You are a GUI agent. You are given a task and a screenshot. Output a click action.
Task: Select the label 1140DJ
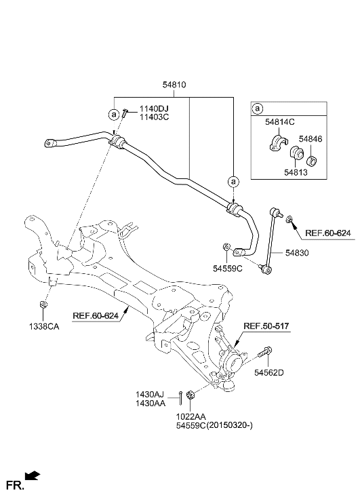coord(154,109)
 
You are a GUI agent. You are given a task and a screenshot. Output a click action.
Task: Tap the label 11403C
coord(154,117)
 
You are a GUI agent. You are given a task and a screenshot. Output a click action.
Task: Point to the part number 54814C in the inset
coord(279,123)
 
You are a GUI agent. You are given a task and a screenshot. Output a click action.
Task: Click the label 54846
coord(312,138)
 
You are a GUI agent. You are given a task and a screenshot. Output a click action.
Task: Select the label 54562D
coord(269,372)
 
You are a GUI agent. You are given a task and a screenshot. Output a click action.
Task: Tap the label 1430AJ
coord(150,393)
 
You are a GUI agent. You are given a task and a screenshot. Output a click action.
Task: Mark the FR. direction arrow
coord(32,477)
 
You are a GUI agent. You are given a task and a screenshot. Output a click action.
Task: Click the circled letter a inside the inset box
coord(257,109)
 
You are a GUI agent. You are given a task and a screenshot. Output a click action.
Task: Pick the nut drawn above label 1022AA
coord(190,395)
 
